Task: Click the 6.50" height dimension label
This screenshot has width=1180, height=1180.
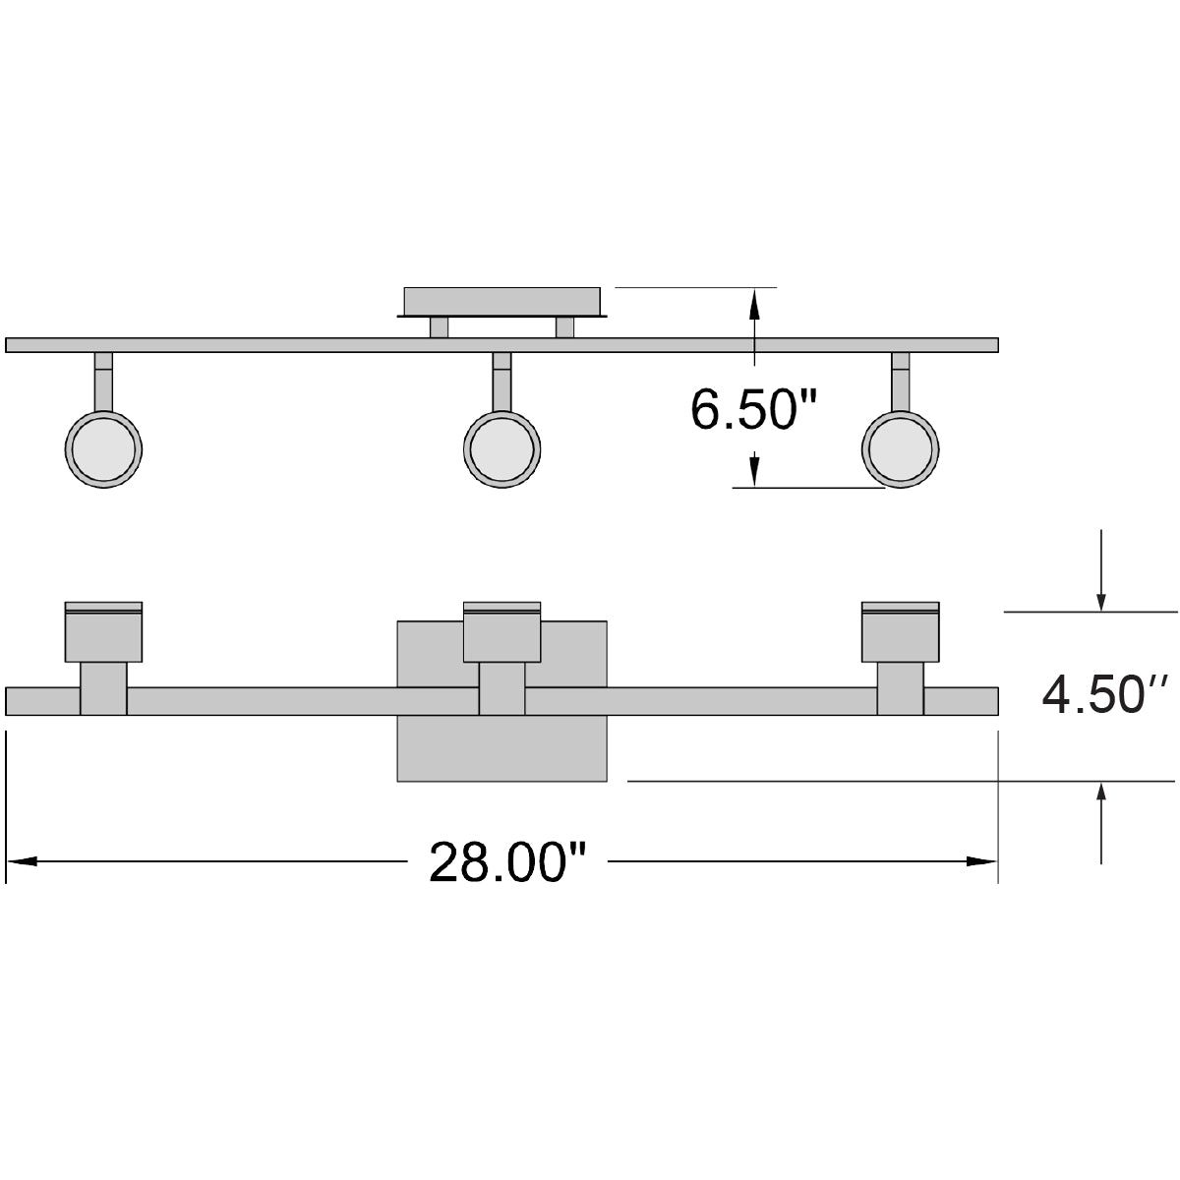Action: point(755,409)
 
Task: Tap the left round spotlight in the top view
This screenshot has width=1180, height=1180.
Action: point(103,448)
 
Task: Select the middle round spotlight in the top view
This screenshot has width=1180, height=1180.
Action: point(501,448)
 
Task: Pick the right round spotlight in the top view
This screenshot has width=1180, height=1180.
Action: point(901,448)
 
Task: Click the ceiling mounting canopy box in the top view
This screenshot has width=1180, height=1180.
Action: point(501,301)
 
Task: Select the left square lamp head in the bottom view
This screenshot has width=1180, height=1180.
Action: point(103,634)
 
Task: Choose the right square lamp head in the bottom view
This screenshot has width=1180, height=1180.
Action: point(901,634)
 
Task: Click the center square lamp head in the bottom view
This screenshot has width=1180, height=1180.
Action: point(501,634)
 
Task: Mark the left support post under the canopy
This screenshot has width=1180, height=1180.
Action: point(439,327)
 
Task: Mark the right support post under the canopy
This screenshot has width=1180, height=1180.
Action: point(564,327)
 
